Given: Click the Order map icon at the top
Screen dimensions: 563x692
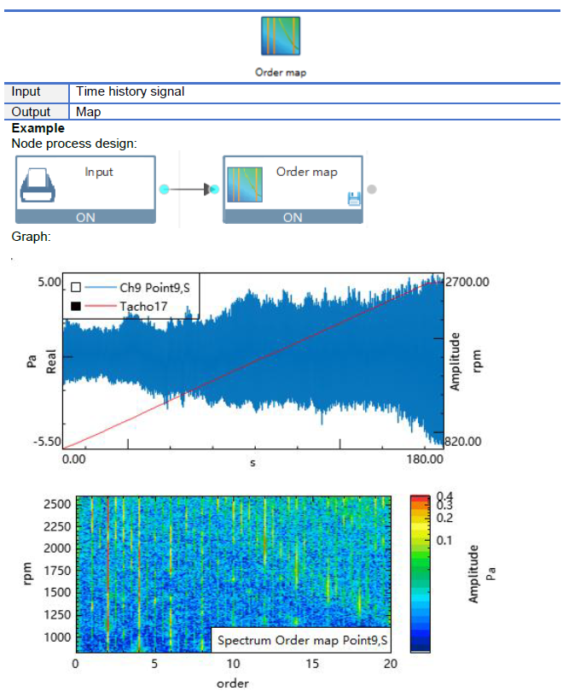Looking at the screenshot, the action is (x=280, y=36).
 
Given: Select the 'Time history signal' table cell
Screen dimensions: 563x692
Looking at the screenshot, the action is (x=130, y=91).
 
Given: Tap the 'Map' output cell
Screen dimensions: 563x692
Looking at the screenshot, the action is (x=88, y=112).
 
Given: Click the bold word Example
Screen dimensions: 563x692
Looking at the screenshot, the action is (x=38, y=128).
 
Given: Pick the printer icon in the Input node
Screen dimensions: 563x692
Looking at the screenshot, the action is (x=38, y=185).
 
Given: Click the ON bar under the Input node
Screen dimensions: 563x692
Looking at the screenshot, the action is (x=85, y=217).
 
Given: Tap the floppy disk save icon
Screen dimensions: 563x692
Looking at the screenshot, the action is (x=354, y=199).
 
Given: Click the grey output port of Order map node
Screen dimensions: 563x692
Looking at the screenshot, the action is (x=372, y=190).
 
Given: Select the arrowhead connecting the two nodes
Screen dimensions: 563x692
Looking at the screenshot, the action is (x=207, y=190).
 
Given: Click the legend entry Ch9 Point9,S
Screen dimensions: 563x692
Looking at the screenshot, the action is (x=154, y=288).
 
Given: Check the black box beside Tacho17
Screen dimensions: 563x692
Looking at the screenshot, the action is (x=76, y=306).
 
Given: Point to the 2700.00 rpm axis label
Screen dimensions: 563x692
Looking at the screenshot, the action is (x=467, y=282).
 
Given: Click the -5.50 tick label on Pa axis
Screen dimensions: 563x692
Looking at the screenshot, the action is (x=47, y=442).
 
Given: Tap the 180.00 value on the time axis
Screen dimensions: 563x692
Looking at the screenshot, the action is (x=425, y=459).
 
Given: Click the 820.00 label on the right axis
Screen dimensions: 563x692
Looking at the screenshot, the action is (x=463, y=442).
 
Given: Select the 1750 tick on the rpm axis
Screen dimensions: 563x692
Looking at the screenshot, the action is (x=57, y=571).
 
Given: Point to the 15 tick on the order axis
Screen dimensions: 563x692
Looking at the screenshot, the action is (x=312, y=664).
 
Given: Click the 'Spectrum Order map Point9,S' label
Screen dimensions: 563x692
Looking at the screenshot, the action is (x=302, y=641).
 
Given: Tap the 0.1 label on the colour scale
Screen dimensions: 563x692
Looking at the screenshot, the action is (x=444, y=540).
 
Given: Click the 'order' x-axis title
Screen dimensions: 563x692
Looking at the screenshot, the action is (x=233, y=683).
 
